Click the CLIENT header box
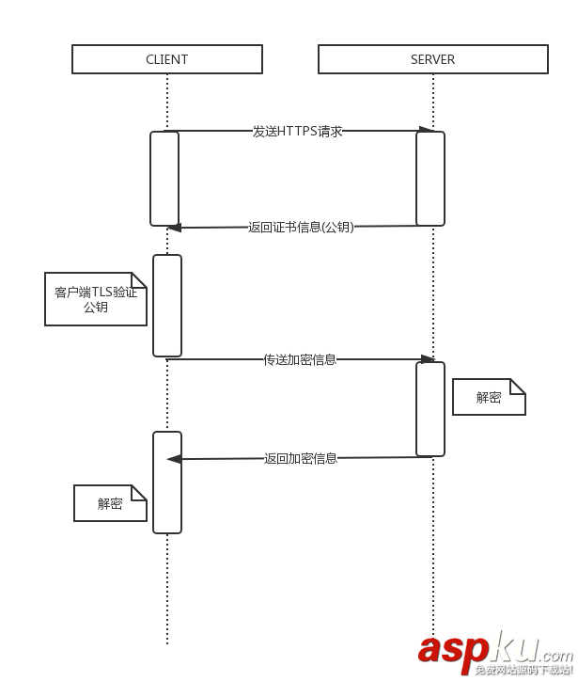(166, 59)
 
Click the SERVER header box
(432, 59)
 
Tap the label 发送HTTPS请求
(297, 132)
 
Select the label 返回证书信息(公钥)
(301, 227)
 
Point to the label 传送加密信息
(300, 359)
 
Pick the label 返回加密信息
(301, 458)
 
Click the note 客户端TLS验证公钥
(96, 299)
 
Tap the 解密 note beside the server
(489, 397)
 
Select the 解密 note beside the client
(110, 503)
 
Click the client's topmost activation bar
(164, 179)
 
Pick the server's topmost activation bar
(430, 179)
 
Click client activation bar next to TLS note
(167, 306)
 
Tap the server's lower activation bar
(430, 409)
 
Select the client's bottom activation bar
(167, 483)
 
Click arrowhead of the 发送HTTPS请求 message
(427, 130)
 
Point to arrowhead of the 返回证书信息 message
(174, 227)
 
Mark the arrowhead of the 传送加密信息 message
(428, 358)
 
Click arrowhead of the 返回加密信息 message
(174, 459)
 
